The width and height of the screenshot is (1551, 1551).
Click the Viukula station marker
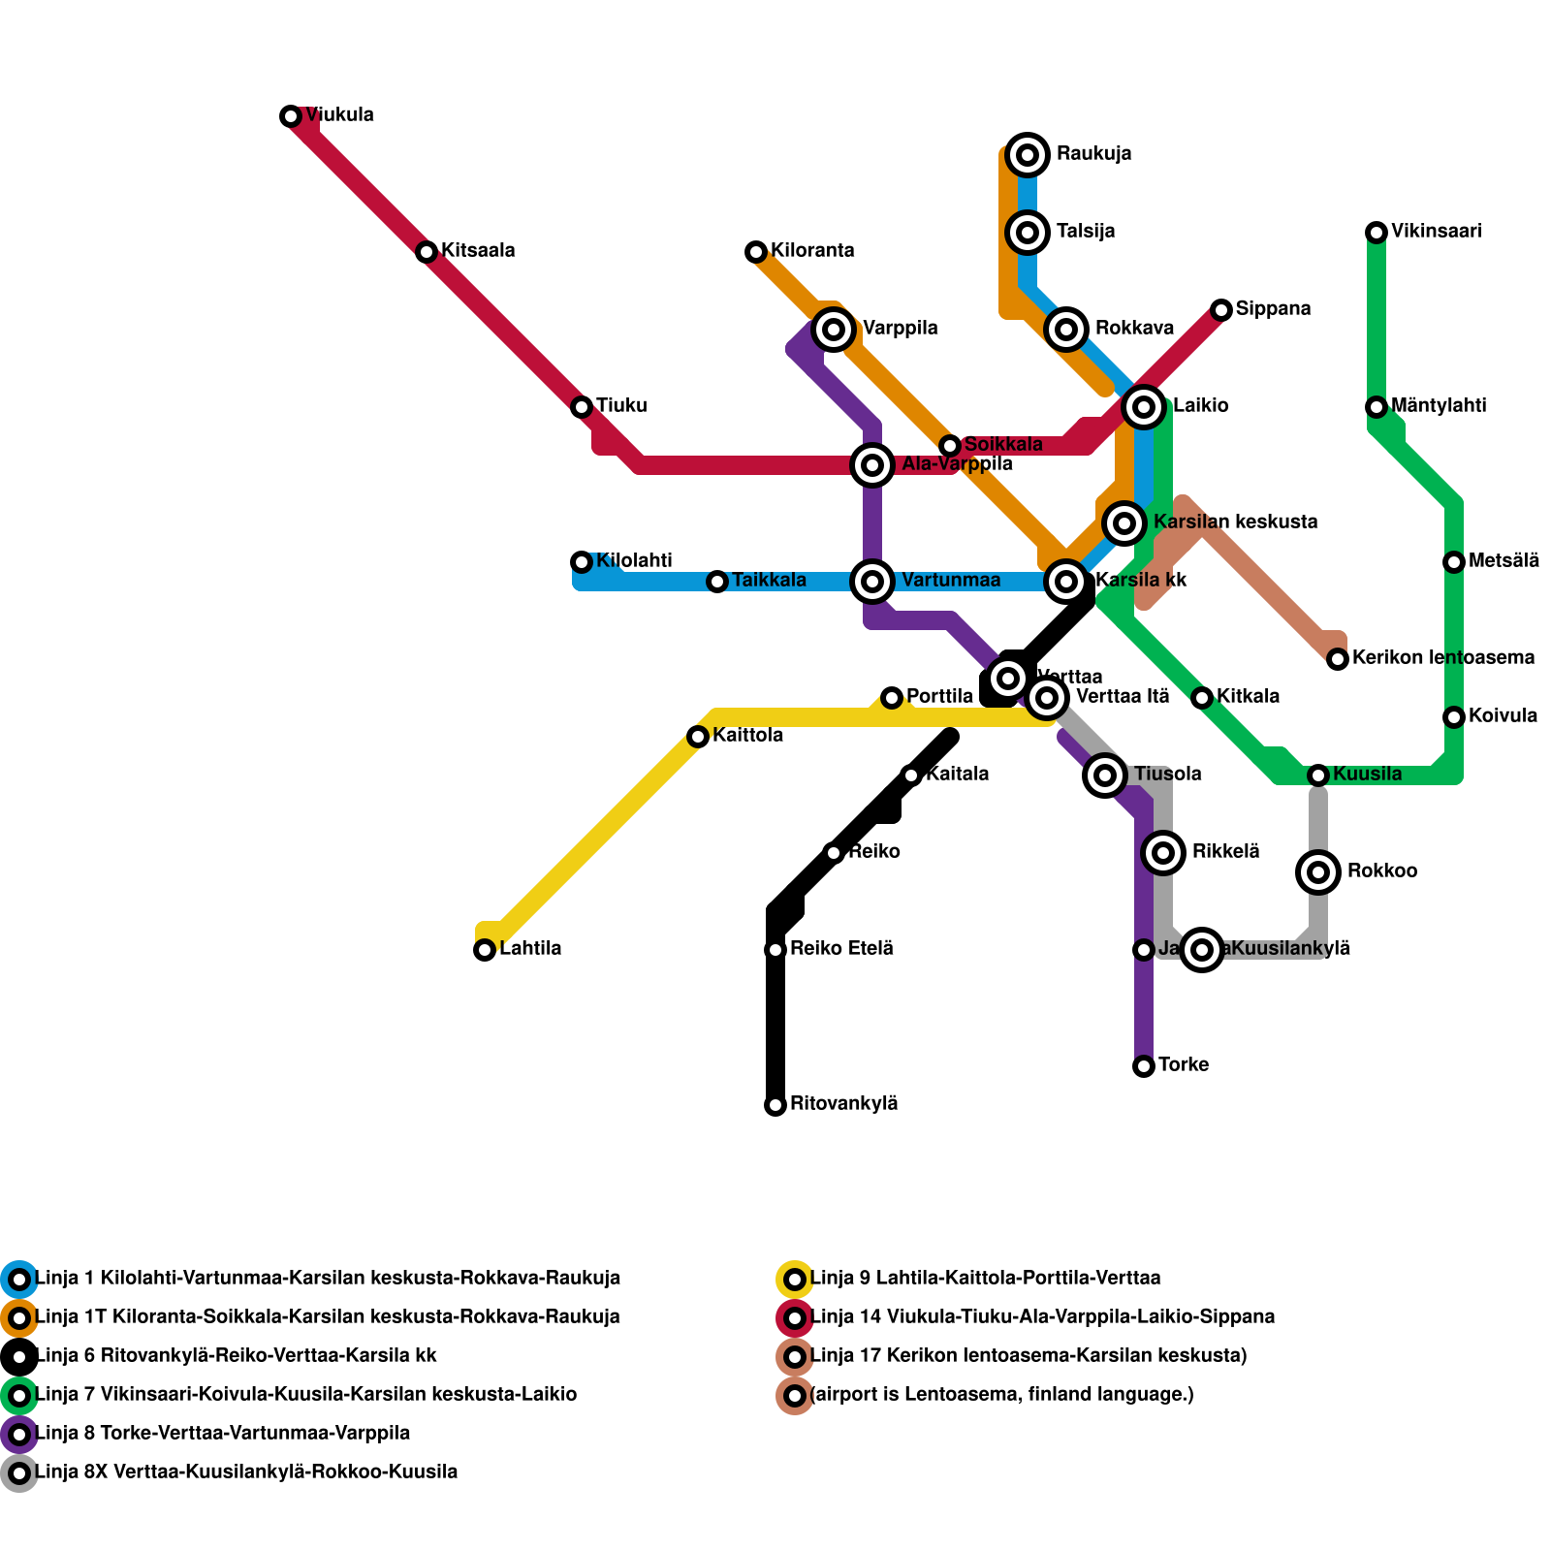291,116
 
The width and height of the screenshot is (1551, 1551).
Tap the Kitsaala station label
478,251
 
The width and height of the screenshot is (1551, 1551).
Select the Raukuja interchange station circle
1028,154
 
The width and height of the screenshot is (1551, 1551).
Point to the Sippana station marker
1221,310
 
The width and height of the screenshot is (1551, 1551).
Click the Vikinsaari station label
1436,232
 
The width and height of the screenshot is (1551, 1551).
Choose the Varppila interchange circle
834,330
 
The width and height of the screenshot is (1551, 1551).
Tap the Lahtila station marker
485,950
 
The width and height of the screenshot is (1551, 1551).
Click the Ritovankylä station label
843,1104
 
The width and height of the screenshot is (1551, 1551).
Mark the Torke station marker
1144,1066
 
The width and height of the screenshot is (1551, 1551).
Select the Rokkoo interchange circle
1318,872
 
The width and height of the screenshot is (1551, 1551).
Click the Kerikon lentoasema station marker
1338,659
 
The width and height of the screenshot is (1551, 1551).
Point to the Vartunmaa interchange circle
872,582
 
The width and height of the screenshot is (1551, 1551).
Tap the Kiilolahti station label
634,561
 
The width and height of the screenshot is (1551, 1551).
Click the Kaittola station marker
698,737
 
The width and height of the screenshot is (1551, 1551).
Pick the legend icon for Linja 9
795,1280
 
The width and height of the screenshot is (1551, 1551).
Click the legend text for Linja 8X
246,1472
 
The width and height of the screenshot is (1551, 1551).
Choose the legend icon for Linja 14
795,1318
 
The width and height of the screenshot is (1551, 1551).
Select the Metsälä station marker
1454,562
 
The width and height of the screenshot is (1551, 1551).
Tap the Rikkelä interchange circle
1163,853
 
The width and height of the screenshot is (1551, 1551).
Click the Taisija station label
1086,232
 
